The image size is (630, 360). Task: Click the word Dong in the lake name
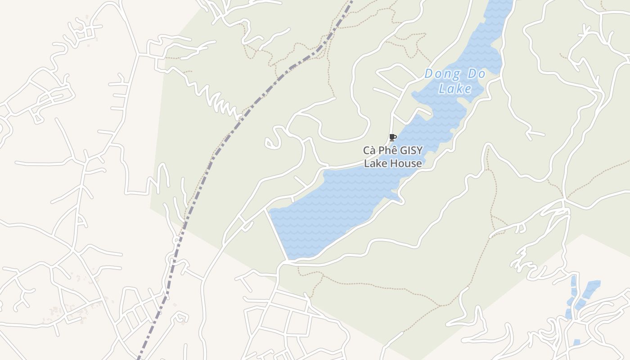click(443, 73)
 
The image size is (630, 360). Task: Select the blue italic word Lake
click(455, 88)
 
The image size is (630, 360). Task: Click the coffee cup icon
click(392, 137)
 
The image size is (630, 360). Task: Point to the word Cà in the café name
click(370, 151)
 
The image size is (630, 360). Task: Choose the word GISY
click(411, 151)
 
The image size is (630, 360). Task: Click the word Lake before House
click(375, 163)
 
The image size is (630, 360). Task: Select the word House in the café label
click(406, 163)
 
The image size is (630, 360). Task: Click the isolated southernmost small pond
click(577, 342)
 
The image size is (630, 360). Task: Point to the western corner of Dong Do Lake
click(270, 210)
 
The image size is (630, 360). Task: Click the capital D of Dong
click(429, 73)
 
